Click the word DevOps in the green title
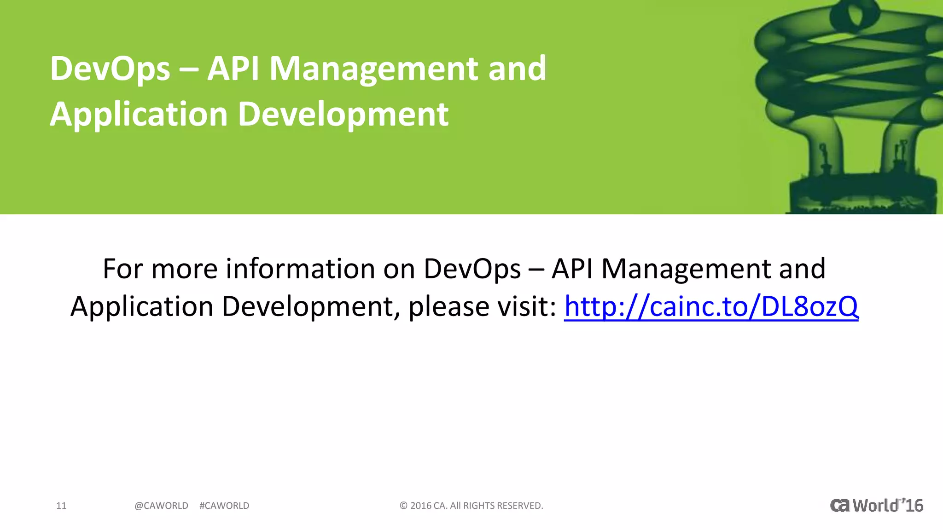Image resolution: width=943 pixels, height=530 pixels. click(110, 69)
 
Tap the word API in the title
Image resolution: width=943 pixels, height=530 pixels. click(233, 69)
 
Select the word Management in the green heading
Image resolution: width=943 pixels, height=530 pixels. click(373, 69)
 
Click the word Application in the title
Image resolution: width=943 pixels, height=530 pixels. click(139, 115)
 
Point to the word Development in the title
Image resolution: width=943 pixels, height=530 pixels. click(343, 115)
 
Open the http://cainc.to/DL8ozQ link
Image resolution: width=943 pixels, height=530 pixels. click(711, 306)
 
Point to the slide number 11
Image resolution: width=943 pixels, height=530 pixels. click(61, 506)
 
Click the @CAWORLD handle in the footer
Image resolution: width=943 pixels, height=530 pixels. click(161, 506)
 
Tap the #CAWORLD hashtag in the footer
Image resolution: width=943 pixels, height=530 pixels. click(224, 506)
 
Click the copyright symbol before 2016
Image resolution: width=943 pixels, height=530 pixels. click(403, 506)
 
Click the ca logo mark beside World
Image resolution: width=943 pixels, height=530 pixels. click(840, 506)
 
